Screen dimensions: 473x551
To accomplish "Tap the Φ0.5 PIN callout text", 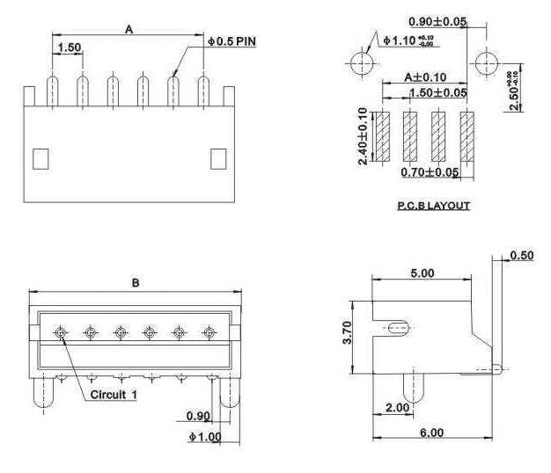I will tap(231, 41).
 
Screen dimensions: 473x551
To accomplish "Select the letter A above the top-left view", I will tap(129, 29).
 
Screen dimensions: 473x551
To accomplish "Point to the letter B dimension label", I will tap(135, 283).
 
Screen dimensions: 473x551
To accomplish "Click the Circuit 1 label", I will tap(114, 395).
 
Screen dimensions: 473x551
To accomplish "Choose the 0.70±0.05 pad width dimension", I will tap(430, 172).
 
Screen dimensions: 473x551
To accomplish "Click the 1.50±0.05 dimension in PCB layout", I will tap(437, 92).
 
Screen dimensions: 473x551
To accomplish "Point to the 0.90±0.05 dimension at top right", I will tap(438, 21).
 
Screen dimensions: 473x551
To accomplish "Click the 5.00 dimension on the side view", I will tap(422, 273).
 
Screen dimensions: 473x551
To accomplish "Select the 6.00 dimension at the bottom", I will tap(430, 433).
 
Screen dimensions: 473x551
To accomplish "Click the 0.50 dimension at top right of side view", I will tap(523, 256).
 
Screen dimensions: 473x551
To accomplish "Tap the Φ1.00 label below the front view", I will tap(204, 436).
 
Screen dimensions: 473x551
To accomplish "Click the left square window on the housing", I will tap(40, 158).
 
